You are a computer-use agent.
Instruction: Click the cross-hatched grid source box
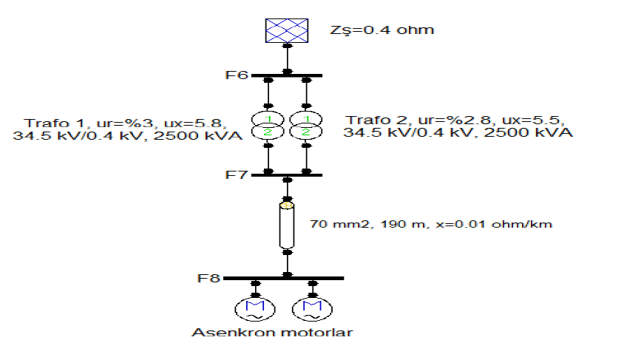(288, 30)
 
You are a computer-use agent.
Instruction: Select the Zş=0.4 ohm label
(381, 30)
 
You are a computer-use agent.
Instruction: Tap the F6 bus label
(238, 75)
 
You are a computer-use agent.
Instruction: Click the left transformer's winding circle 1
(269, 119)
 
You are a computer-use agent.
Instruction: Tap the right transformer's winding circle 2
(305, 132)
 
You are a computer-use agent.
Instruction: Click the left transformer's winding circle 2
(269, 132)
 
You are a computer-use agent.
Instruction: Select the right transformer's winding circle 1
(305, 119)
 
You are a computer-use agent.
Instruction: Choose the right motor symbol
(311, 308)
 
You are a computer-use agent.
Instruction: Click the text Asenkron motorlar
(272, 332)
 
